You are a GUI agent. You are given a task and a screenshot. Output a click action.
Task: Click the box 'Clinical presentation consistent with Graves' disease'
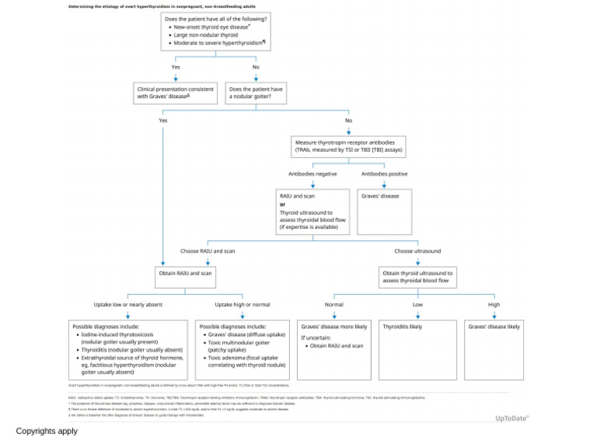tap(175, 93)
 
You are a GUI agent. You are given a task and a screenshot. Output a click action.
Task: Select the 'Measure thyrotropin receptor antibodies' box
tap(348, 145)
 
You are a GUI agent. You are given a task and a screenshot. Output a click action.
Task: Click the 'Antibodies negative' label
tap(312, 174)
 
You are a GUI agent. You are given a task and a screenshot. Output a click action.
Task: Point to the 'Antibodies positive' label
tap(384, 174)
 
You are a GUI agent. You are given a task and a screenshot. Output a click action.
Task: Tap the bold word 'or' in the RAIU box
tap(283, 204)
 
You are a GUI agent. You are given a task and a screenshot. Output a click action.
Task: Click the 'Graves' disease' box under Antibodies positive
tap(384, 211)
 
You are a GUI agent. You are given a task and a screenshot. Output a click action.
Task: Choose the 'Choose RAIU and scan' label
tap(208, 251)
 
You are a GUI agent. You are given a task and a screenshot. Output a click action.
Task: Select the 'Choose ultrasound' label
tap(417, 251)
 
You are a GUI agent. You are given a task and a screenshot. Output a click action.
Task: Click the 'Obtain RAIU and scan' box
tap(186, 274)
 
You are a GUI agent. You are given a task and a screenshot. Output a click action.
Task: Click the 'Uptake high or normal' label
tap(243, 304)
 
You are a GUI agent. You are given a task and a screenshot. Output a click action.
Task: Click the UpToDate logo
tap(511, 418)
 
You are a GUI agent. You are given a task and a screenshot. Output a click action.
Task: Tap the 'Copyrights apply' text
tap(47, 431)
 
